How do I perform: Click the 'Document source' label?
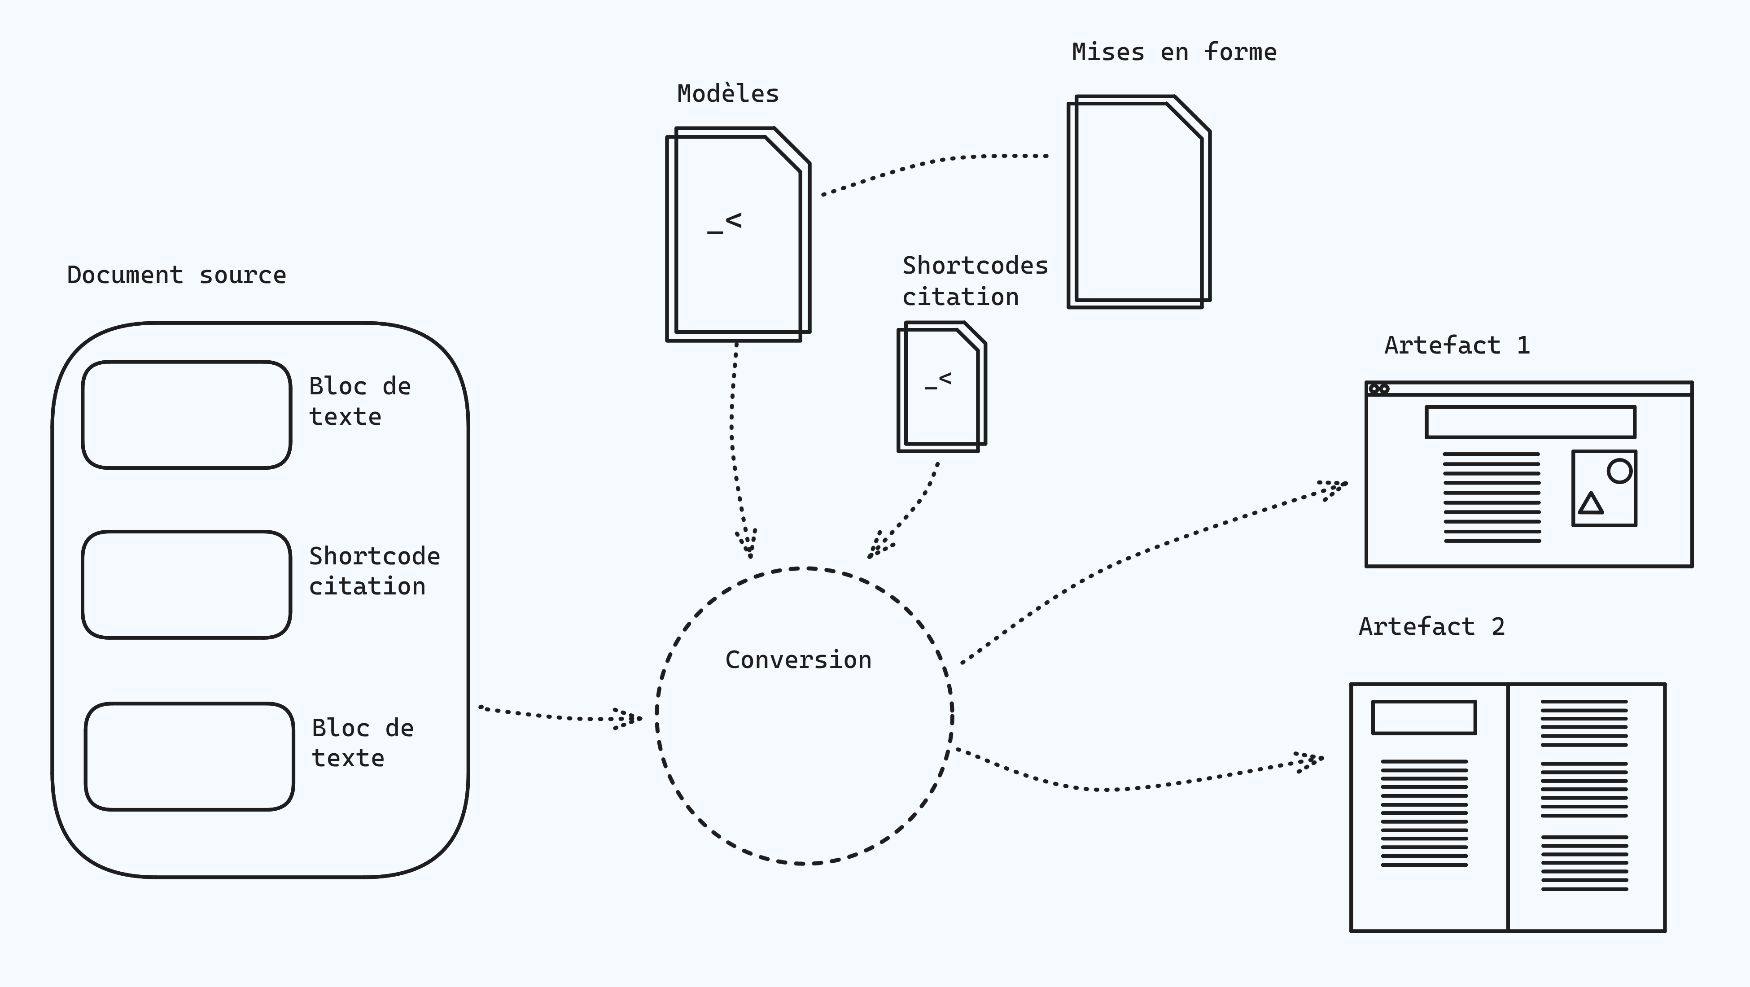pyautogui.click(x=177, y=275)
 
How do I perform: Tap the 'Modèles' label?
pyautogui.click(x=727, y=94)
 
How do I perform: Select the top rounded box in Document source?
pyautogui.click(x=187, y=415)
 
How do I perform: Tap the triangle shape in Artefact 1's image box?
pyautogui.click(x=1590, y=504)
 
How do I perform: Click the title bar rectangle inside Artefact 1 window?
pyautogui.click(x=1530, y=422)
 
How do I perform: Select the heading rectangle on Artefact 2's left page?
pyautogui.click(x=1423, y=717)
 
